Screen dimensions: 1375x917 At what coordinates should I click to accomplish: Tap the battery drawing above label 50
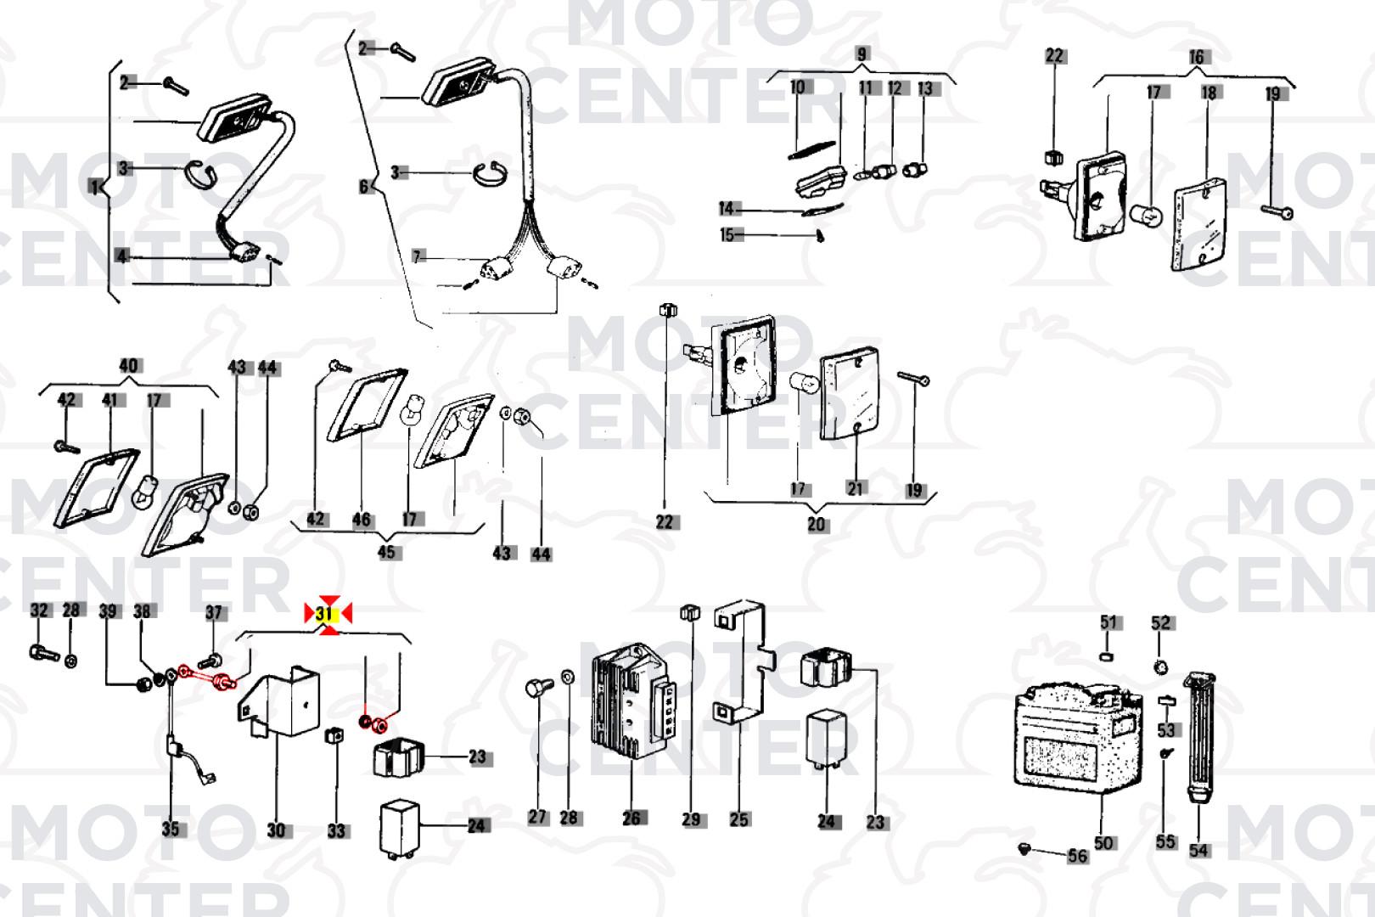(1079, 739)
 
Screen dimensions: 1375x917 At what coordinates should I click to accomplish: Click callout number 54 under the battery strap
(1198, 851)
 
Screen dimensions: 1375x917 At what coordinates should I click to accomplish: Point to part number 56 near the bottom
(1078, 856)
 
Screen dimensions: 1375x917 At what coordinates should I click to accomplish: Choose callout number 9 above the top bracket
(862, 54)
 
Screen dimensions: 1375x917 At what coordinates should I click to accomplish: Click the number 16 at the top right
(1197, 57)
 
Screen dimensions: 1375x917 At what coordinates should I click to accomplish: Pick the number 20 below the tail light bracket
(817, 525)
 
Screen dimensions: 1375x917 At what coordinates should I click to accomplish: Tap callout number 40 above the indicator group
(129, 366)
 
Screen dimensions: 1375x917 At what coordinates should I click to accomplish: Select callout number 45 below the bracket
(387, 552)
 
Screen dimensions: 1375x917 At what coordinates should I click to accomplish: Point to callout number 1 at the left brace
(94, 187)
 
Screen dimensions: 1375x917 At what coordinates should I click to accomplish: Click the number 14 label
(727, 209)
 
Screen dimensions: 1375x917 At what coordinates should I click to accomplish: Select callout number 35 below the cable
(171, 830)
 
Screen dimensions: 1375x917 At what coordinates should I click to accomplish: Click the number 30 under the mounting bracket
(277, 830)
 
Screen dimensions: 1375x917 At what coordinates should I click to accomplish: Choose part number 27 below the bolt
(538, 817)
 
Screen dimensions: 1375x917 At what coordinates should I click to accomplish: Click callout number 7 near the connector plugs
(418, 256)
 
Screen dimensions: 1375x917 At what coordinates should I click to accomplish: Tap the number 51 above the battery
(1108, 623)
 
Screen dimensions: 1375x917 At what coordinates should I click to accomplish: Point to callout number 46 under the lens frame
(362, 520)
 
